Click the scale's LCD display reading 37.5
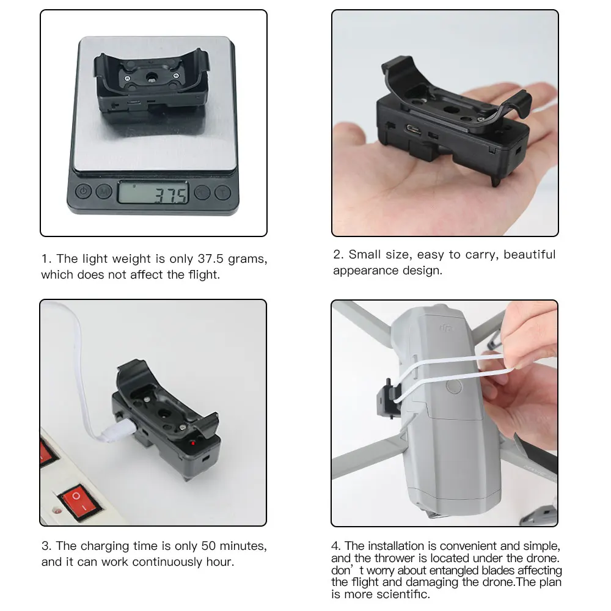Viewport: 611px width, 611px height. (x=153, y=192)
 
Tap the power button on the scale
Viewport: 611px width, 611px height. (x=83, y=191)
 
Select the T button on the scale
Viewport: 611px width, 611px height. (x=223, y=192)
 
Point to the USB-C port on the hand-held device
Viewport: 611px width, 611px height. (x=414, y=130)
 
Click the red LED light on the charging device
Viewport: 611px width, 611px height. (x=192, y=443)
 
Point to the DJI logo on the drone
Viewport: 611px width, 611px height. (x=447, y=328)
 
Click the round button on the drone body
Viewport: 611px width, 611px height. (x=454, y=387)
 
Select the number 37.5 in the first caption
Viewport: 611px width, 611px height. (x=210, y=258)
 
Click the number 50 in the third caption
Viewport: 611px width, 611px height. (x=208, y=546)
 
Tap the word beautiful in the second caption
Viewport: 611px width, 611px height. (x=530, y=254)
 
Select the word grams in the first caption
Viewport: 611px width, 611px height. (x=247, y=260)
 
